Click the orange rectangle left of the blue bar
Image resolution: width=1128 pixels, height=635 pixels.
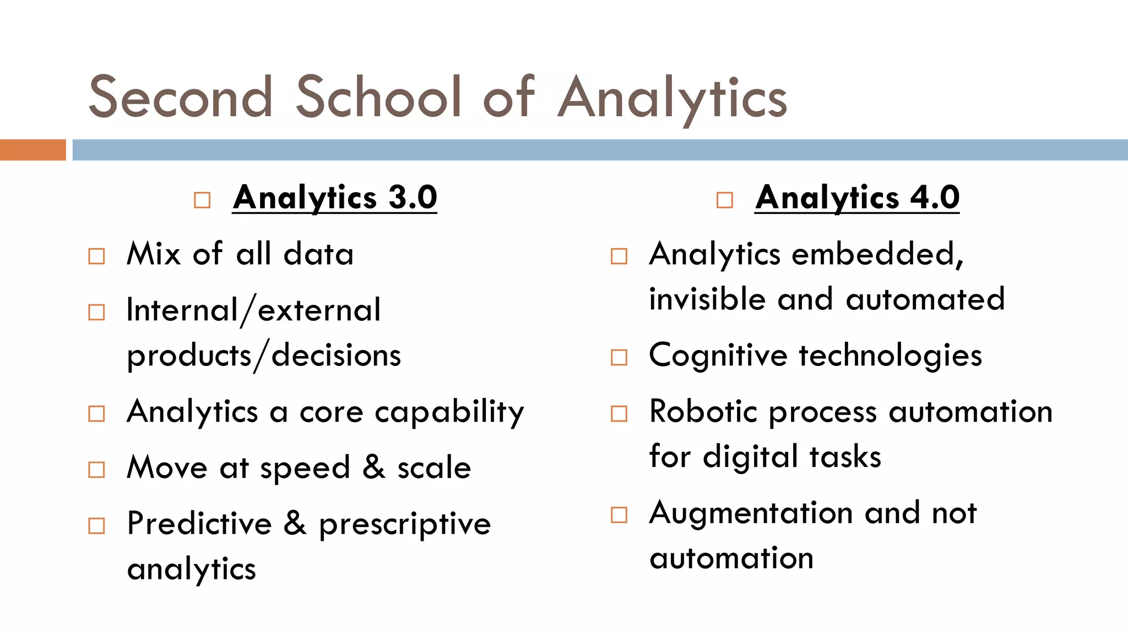pyautogui.click(x=32, y=150)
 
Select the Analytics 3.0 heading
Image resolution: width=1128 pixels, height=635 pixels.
pyautogui.click(x=335, y=197)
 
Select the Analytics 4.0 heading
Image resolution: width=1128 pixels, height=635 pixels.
pyautogui.click(x=857, y=197)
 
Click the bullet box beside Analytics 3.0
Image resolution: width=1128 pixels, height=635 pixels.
pyautogui.click(x=202, y=200)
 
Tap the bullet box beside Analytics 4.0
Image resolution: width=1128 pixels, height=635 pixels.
pyautogui.click(x=725, y=200)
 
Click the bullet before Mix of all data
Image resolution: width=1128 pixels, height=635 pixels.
pyautogui.click(x=96, y=256)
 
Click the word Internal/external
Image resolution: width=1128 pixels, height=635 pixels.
pyautogui.click(x=253, y=310)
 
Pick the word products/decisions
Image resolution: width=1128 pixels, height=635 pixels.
pyautogui.click(x=264, y=356)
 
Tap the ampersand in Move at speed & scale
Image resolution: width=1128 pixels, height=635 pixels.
pyautogui.click(x=373, y=467)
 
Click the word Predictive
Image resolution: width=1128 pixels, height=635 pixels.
pyautogui.click(x=199, y=523)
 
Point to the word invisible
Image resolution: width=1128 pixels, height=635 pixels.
pyautogui.click(x=707, y=299)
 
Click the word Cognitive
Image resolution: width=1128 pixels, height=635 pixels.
pyautogui.click(x=718, y=356)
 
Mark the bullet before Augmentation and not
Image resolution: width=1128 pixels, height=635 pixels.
pyautogui.click(x=619, y=515)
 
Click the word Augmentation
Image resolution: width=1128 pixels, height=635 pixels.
pyautogui.click(x=751, y=513)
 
